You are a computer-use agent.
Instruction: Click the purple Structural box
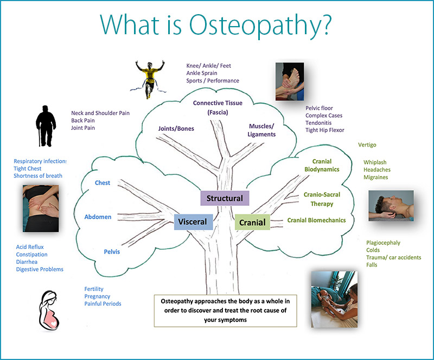tap(225, 198)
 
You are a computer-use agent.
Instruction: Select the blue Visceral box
tap(192, 222)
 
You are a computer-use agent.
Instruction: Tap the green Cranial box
tap(252, 222)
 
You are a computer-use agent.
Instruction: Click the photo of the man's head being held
tap(391, 205)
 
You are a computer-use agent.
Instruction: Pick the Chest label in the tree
tap(103, 183)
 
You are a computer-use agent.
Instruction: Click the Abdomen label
tap(98, 217)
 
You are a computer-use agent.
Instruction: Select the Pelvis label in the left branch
tap(112, 252)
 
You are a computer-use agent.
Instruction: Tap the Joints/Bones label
tap(176, 129)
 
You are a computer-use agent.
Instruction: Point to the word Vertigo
tap(367, 145)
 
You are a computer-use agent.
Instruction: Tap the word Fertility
tap(94, 289)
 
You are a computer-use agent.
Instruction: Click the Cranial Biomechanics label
tap(316, 220)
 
